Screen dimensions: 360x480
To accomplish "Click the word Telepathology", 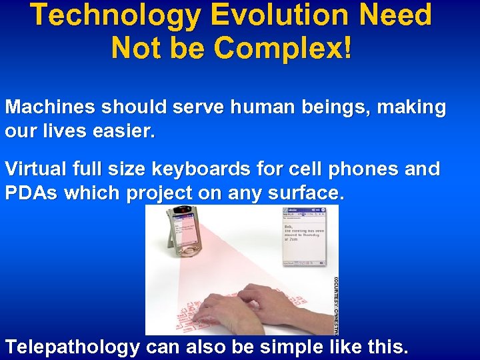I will pyautogui.click(x=73, y=347).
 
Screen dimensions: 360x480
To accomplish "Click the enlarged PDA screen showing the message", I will pyautogui.click(x=305, y=237).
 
